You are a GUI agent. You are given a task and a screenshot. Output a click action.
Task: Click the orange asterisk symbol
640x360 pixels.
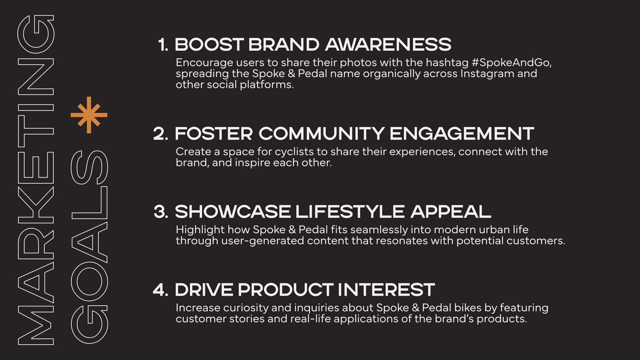(89, 115)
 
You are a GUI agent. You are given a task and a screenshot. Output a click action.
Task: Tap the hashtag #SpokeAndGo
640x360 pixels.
(512, 63)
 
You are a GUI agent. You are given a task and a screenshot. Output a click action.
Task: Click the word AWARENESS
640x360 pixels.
(388, 44)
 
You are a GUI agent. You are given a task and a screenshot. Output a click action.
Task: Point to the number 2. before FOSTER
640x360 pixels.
(161, 134)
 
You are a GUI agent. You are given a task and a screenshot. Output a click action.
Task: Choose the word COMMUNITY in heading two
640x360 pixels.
(322, 134)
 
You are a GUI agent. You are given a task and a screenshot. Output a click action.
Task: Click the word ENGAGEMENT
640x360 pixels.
(462, 134)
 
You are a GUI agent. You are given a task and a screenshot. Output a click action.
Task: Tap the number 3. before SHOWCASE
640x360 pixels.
(161, 212)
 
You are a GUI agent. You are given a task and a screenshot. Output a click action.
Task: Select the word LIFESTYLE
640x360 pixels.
(350, 212)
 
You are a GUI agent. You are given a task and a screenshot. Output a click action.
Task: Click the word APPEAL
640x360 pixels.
(451, 212)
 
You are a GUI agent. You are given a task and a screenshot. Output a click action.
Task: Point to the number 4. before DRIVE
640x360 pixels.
(161, 290)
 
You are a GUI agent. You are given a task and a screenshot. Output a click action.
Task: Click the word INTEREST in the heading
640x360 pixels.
(386, 290)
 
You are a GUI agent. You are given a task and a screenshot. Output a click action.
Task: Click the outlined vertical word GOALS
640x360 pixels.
(89, 247)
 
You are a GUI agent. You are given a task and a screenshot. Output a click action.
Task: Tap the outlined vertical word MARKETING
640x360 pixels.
(36, 180)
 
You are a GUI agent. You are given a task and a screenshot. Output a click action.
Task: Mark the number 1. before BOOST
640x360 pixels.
(163, 45)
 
